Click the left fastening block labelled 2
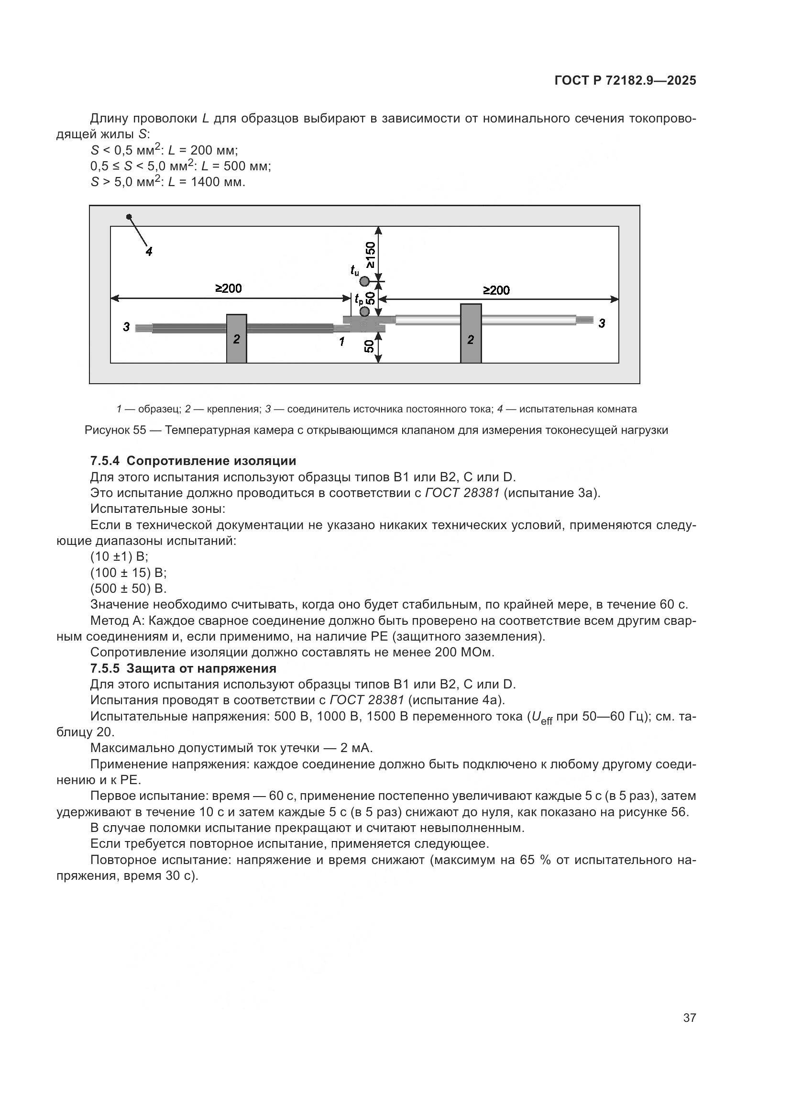(x=236, y=339)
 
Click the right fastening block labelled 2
(x=471, y=334)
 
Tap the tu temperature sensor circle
(x=364, y=281)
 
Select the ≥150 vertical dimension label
(x=371, y=255)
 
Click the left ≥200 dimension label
(x=229, y=288)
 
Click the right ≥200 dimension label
(x=496, y=290)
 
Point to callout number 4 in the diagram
(x=149, y=252)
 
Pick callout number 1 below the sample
(x=342, y=342)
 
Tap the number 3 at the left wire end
(x=126, y=327)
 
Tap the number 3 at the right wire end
(x=602, y=323)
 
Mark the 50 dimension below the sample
(x=370, y=346)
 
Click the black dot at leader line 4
(x=129, y=217)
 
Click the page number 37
(x=689, y=1018)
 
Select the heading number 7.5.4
(x=106, y=461)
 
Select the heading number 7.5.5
(x=106, y=668)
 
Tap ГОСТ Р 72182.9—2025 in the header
(x=626, y=81)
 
